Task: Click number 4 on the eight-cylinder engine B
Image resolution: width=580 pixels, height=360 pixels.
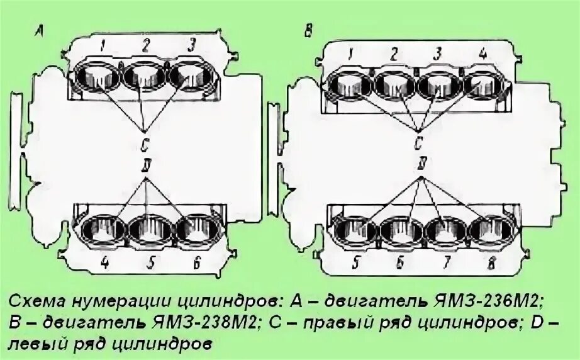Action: pos(483,54)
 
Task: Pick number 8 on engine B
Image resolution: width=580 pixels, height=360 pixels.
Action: pos(493,265)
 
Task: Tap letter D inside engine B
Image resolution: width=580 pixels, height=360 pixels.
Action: pos(420,165)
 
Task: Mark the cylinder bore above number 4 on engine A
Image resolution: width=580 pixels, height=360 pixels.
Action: pos(101,229)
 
